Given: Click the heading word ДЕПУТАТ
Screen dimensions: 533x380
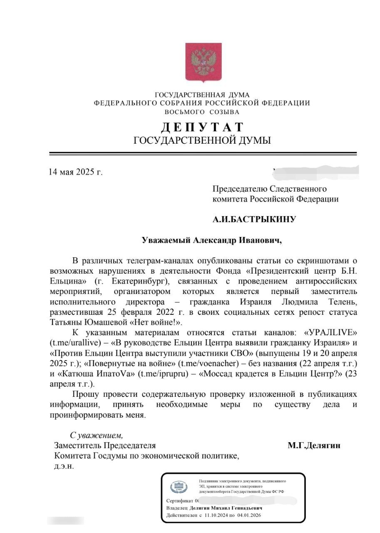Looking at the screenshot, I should [202, 127].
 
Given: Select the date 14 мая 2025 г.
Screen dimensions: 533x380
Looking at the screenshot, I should [75, 172].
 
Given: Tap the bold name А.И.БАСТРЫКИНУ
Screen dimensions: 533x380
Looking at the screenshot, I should [254, 219].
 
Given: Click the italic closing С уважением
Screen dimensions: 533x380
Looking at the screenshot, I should [97, 436].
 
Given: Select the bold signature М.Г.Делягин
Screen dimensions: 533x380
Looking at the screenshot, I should [314, 446].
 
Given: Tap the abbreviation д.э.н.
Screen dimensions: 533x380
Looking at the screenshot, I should [64, 466].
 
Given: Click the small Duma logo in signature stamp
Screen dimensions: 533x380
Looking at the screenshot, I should [179, 487].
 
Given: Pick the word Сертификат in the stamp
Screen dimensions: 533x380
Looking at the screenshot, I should [179, 501].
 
